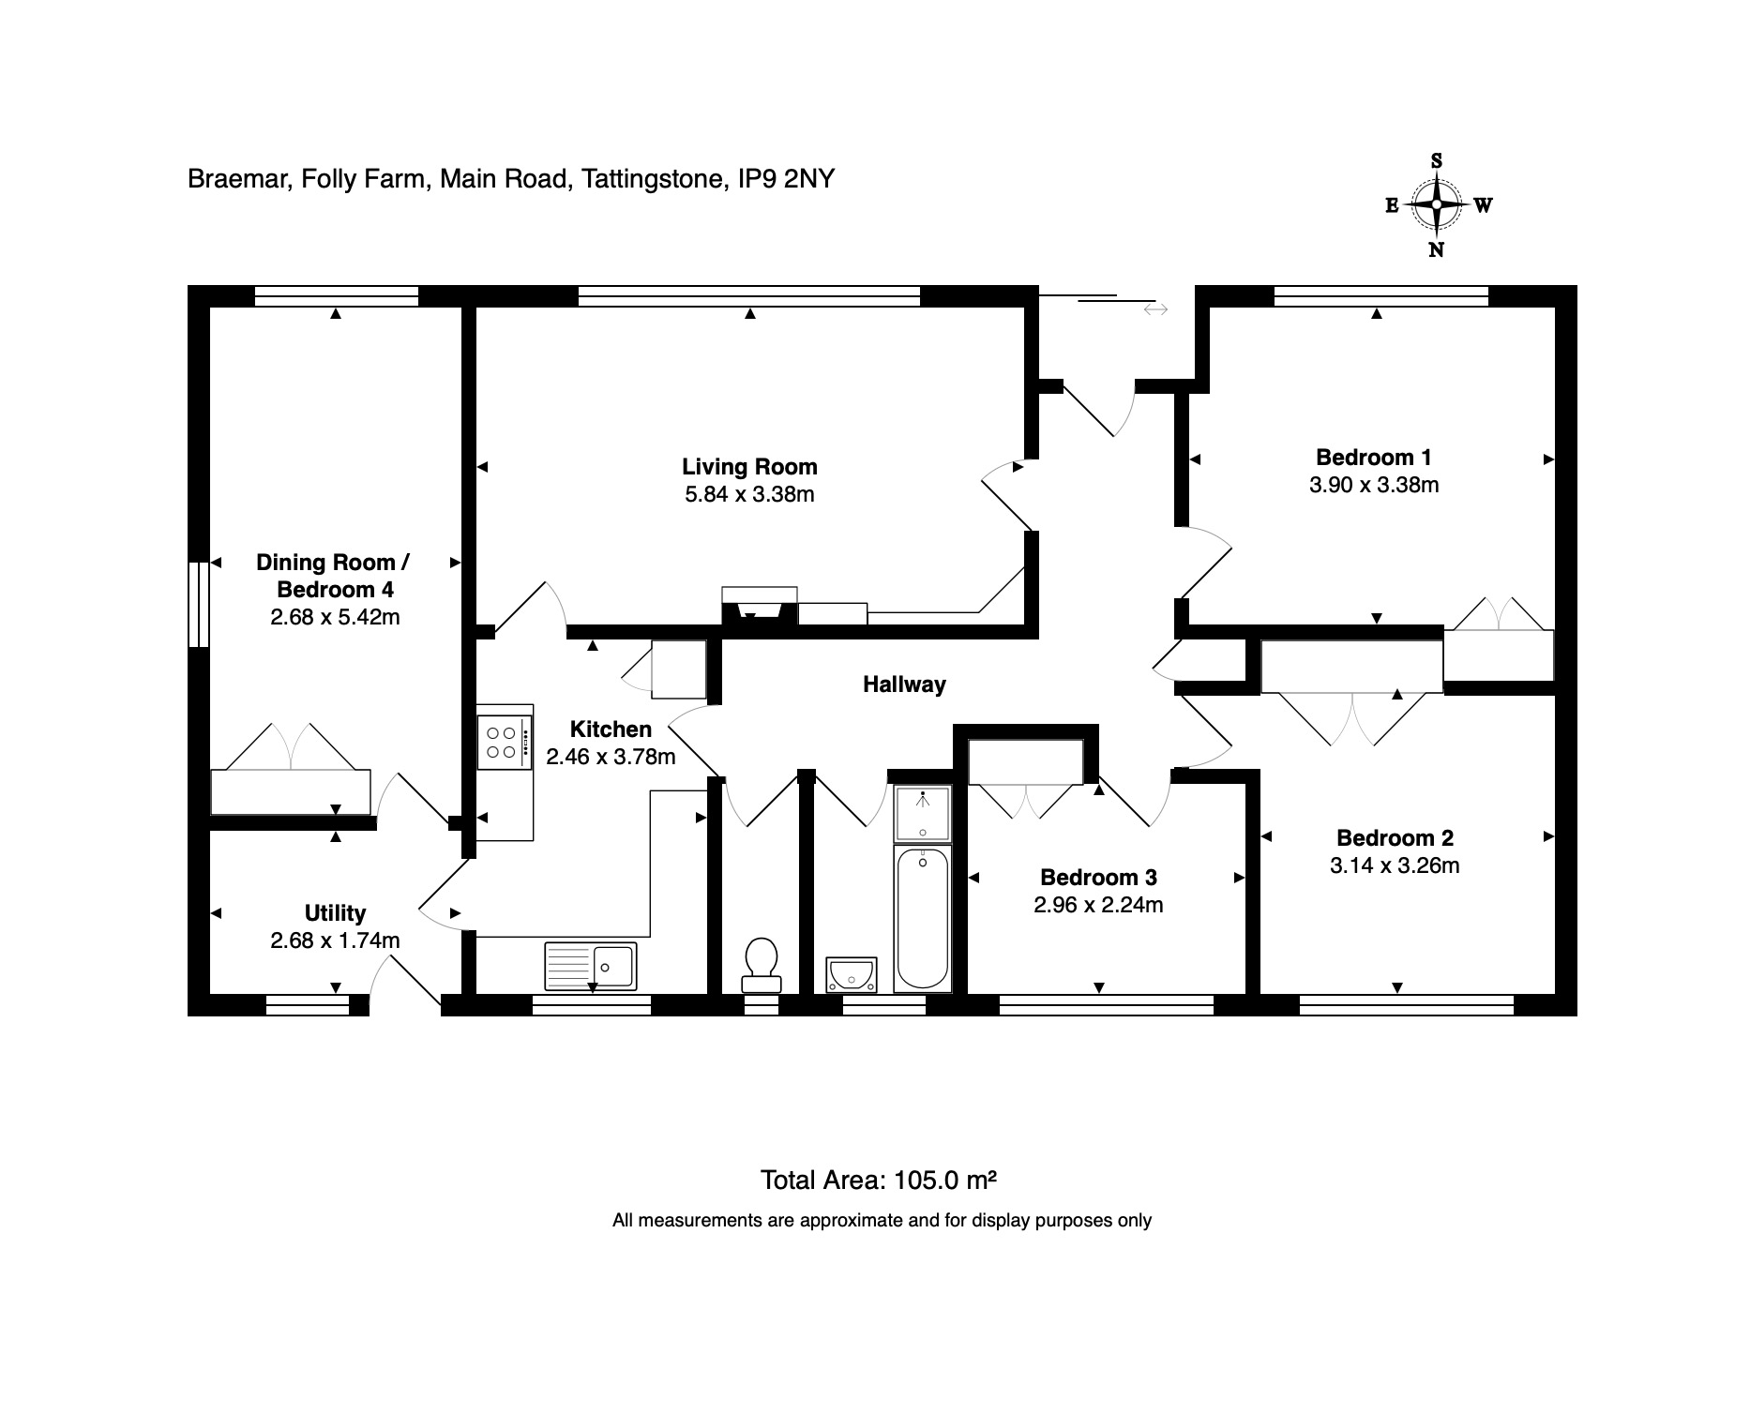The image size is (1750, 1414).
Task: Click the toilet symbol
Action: pos(761,966)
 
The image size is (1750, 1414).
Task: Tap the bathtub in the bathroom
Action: pos(923,918)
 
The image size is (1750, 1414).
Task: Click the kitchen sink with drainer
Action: pos(591,966)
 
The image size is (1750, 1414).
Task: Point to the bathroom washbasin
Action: pos(852,975)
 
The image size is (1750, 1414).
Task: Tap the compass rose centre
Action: pos(1436,204)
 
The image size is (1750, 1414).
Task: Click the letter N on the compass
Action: pos(1436,249)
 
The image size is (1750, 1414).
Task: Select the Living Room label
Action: pos(749,467)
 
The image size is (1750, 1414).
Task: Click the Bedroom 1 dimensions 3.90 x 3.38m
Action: pos(1374,485)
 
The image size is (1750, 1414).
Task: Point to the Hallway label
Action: pos(904,684)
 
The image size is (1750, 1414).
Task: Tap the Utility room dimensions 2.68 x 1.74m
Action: pos(335,940)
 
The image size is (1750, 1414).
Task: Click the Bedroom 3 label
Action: pos(1098,878)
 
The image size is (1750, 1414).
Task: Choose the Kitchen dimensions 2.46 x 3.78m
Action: pos(611,757)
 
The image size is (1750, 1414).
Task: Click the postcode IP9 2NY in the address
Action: pos(786,178)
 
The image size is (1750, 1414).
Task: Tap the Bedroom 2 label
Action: pos(1395,838)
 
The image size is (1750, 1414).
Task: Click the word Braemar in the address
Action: pos(238,178)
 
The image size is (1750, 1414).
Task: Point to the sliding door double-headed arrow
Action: pos(1155,308)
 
